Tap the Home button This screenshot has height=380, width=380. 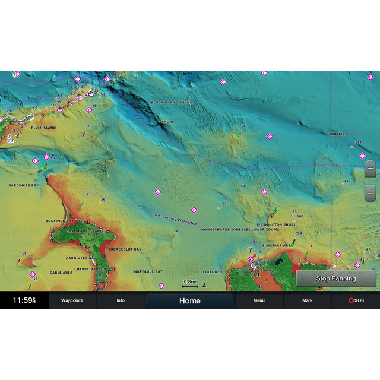point(190,300)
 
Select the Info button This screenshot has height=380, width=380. point(121,300)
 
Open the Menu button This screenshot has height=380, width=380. point(259,300)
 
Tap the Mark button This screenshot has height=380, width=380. point(307,300)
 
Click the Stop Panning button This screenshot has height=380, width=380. point(335,278)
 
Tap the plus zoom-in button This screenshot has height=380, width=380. point(370,169)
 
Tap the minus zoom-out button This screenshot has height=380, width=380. point(370,193)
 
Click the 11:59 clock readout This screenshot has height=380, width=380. point(24,300)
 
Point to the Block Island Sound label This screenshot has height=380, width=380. point(172,102)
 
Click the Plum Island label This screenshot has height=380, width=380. point(43,128)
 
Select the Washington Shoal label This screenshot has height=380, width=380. point(276,225)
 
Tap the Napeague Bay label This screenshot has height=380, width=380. point(148,271)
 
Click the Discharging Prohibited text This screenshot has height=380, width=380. point(176,219)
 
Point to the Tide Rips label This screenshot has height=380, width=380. point(338,134)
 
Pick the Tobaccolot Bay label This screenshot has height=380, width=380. point(125,249)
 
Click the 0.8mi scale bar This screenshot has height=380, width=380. point(190,283)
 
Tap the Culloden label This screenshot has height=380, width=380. point(212,271)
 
